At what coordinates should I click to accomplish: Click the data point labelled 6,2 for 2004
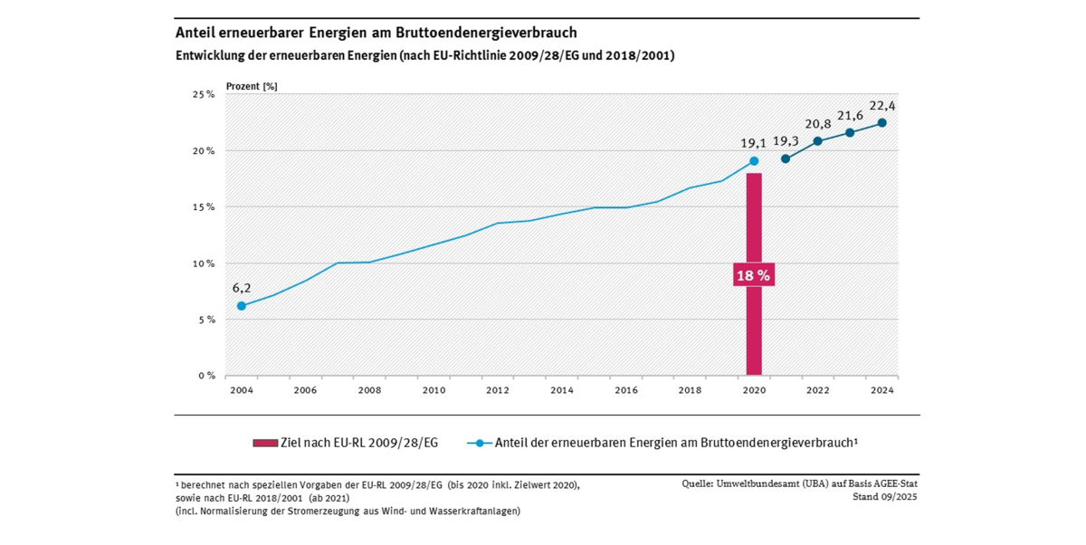pos(241,306)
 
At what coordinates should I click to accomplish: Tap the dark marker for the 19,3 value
pos(786,159)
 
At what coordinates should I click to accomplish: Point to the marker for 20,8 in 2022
pos(817,141)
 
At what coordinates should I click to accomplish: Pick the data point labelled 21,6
pos(850,133)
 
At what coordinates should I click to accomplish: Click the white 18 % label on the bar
pos(753,276)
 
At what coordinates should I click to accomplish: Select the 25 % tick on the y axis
pos(204,94)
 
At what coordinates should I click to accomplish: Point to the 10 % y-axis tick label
pos(204,263)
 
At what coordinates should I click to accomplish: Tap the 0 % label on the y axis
pos(205,376)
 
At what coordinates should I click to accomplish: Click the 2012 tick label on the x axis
pos(497,390)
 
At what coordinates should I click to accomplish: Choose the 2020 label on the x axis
pos(754,390)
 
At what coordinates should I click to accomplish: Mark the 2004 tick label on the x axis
pos(241,390)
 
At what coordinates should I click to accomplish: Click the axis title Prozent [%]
pos(252,86)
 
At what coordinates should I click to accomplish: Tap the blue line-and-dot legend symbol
pos(480,443)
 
